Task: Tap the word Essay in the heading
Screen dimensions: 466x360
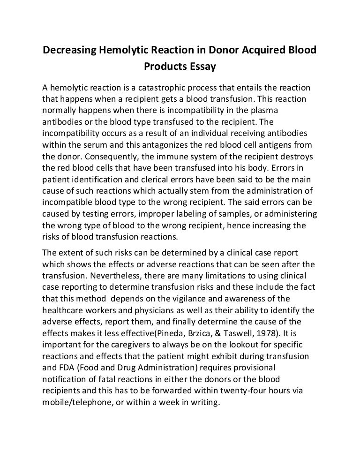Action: coord(202,67)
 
